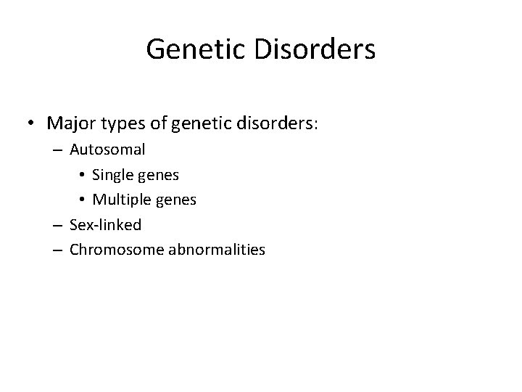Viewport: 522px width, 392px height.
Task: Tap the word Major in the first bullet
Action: point(69,123)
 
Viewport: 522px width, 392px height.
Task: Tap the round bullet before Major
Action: point(33,124)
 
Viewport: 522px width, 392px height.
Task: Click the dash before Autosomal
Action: point(59,150)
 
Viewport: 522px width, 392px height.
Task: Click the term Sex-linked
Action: point(105,224)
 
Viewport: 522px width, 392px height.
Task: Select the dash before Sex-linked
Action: point(59,225)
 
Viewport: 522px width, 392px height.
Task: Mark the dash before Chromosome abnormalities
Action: point(59,250)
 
